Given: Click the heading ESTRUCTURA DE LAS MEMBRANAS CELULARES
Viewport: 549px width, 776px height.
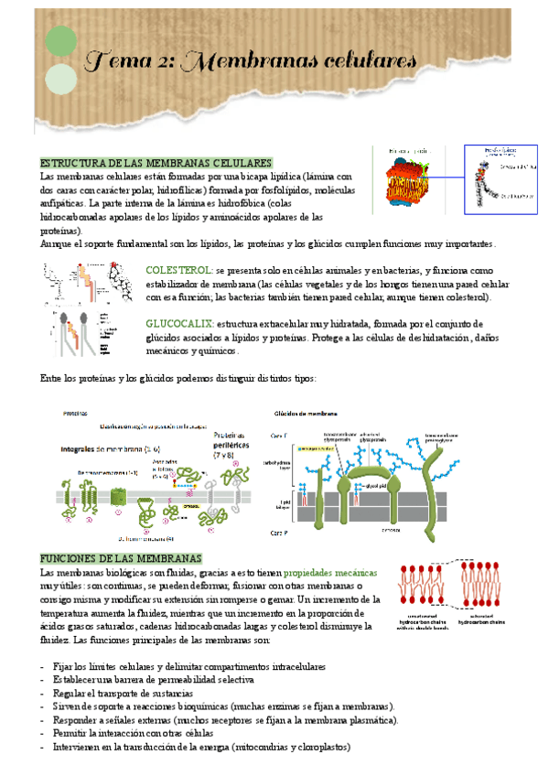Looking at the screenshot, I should pos(156,162).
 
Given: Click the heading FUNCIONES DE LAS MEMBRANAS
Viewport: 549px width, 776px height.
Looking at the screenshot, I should pos(121,558).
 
